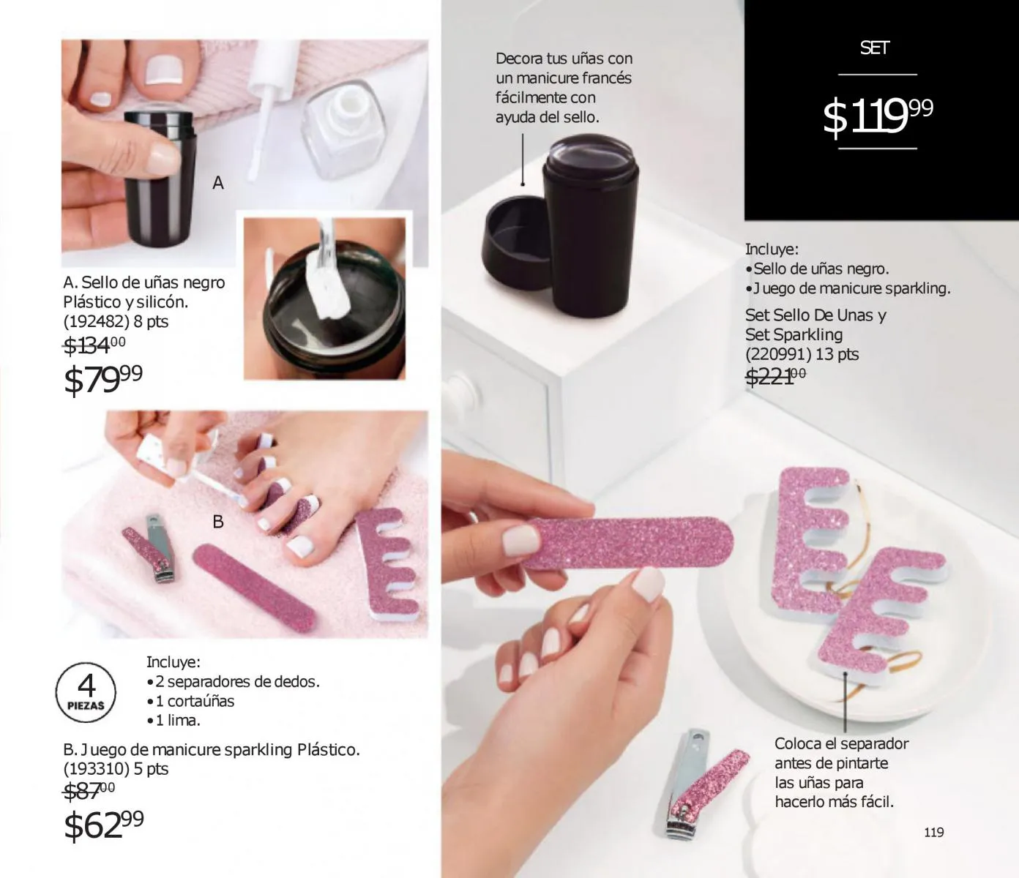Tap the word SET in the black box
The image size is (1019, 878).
pyautogui.click(x=875, y=48)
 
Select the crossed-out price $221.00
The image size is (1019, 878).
pyautogui.click(x=775, y=377)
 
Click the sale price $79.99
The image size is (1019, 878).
pyautogui.click(x=103, y=379)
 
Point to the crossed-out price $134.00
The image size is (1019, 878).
pyautogui.click(x=94, y=345)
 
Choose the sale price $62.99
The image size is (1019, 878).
pyautogui.click(x=103, y=825)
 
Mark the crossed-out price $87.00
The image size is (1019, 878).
pyautogui.click(x=89, y=791)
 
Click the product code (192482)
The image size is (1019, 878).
pyautogui.click(x=97, y=321)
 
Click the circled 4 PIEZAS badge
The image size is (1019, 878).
pyautogui.click(x=86, y=691)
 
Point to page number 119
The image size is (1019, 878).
pyautogui.click(x=933, y=832)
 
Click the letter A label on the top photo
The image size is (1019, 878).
pyautogui.click(x=218, y=183)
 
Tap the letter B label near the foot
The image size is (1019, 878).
pyautogui.click(x=218, y=521)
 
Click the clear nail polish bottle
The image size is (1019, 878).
pyautogui.click(x=343, y=129)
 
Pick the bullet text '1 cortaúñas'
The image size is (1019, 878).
pyautogui.click(x=195, y=701)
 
